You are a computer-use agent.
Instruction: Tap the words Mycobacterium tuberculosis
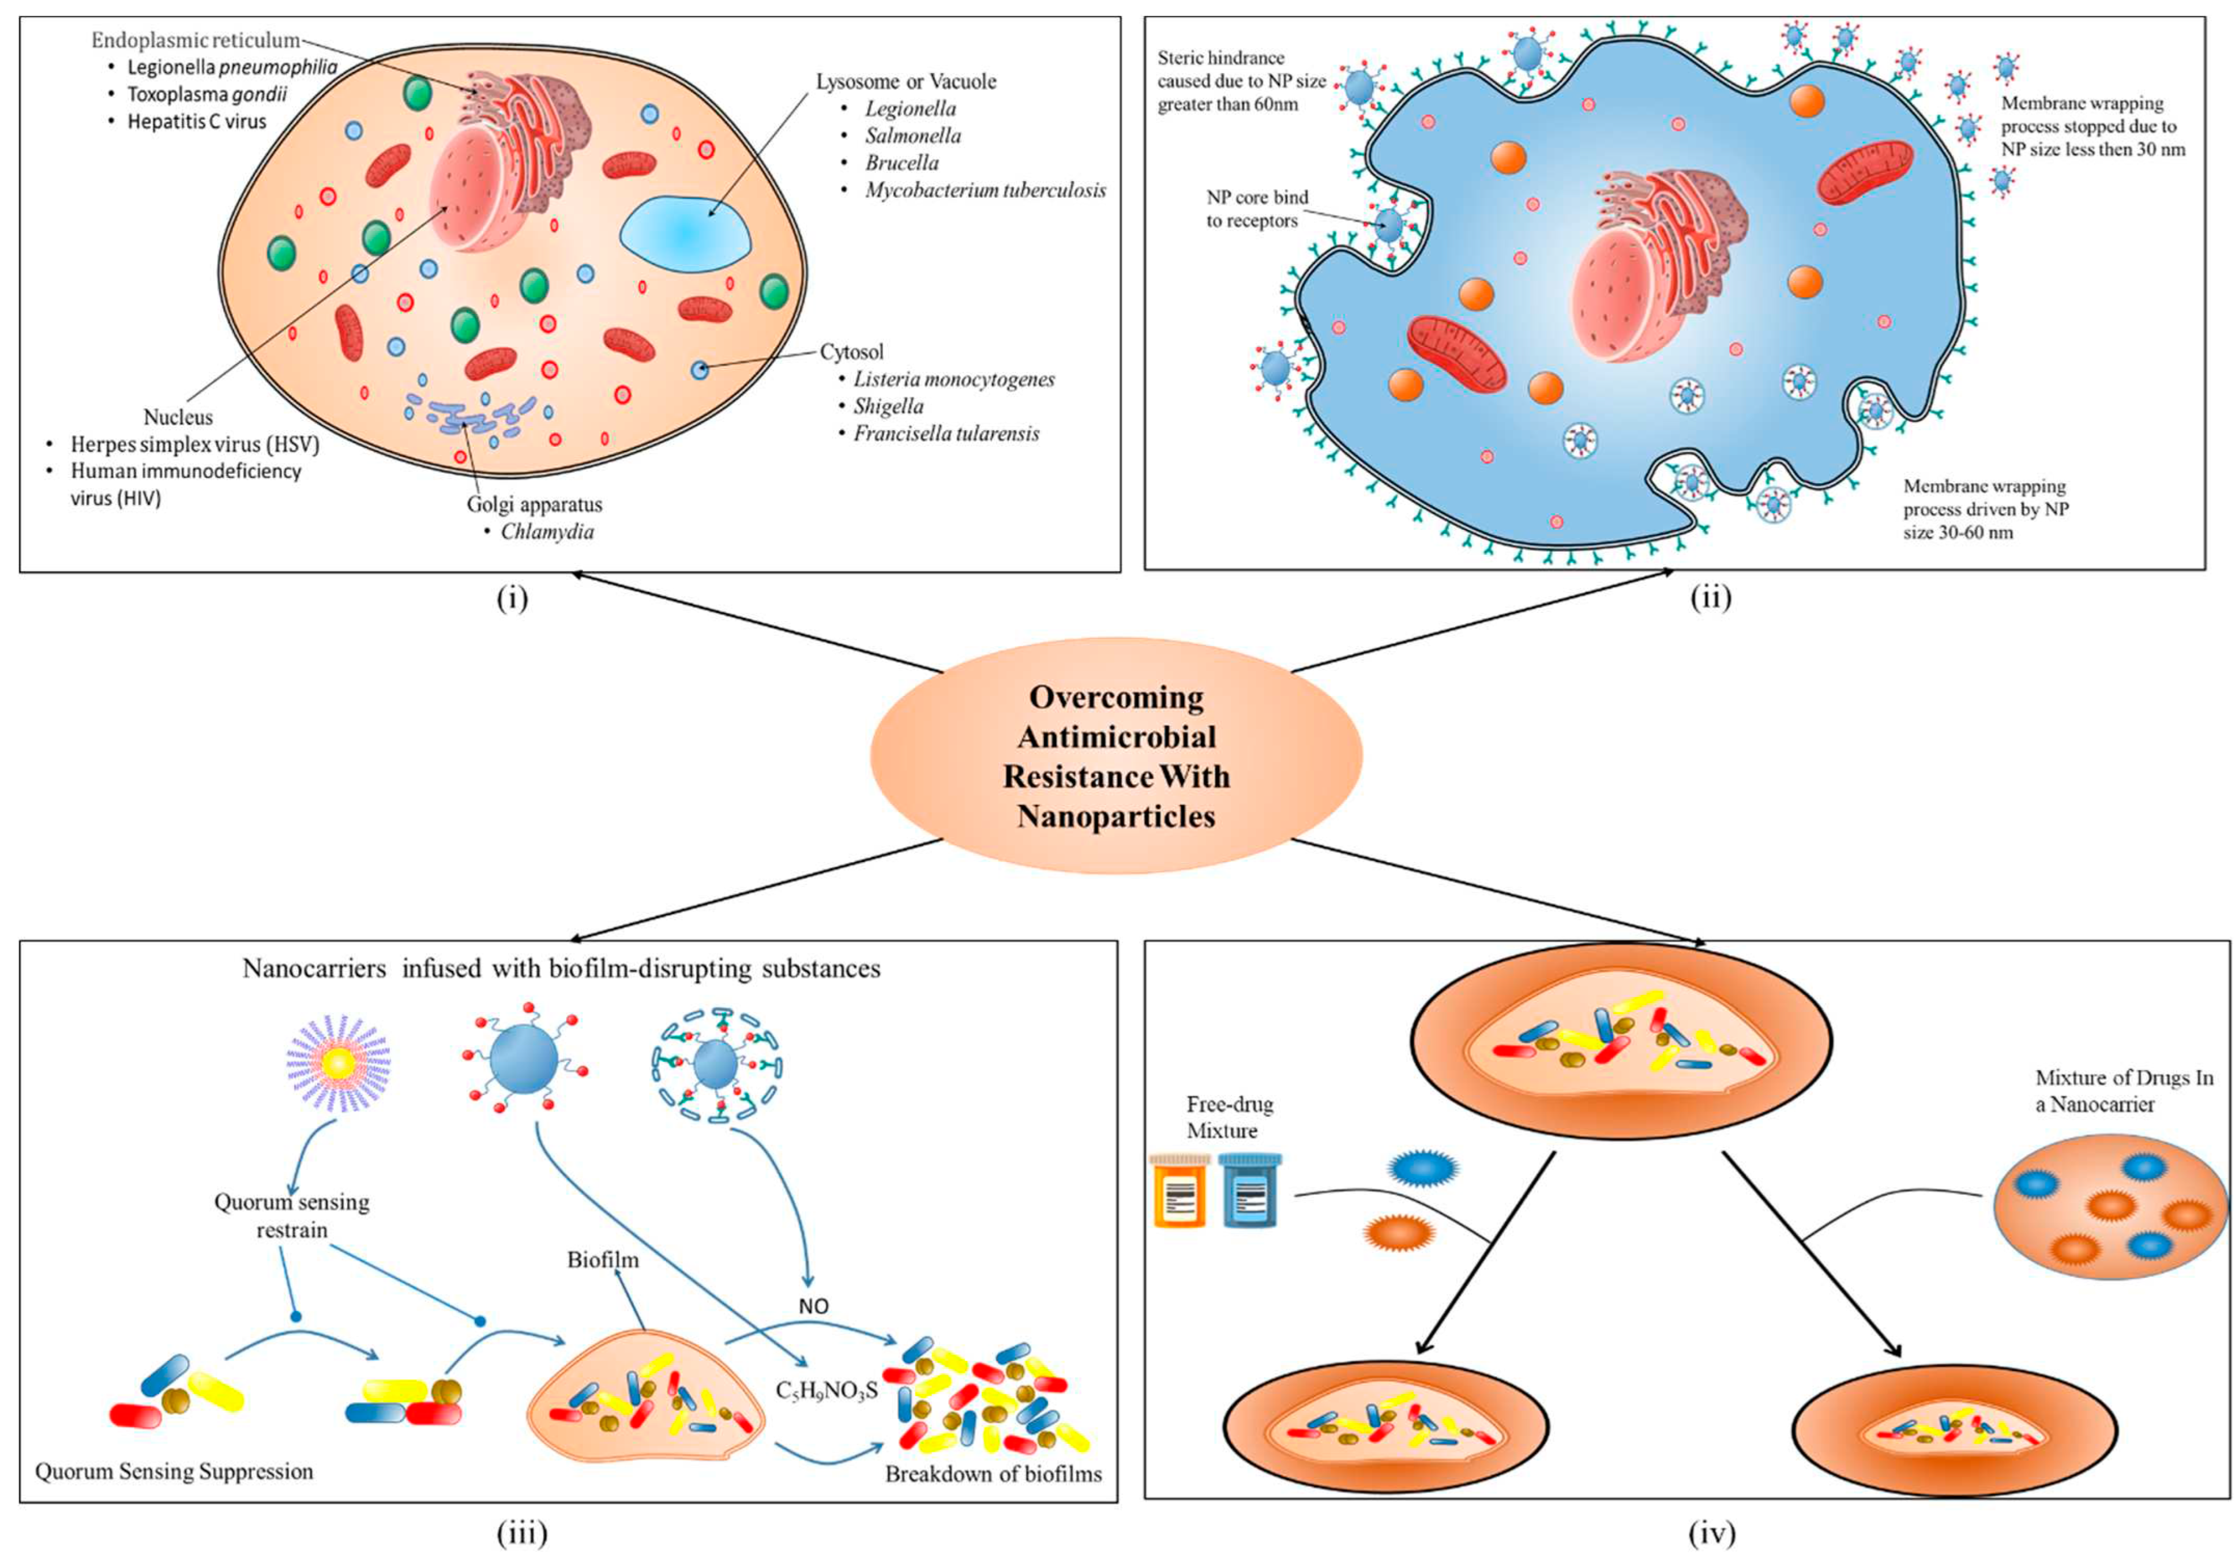[985, 190]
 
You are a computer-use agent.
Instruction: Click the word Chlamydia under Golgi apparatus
[547, 532]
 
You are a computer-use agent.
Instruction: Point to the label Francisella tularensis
[946, 434]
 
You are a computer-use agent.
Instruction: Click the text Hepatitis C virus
[197, 122]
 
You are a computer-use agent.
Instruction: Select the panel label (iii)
[523, 1534]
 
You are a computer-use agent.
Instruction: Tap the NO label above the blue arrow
[813, 1306]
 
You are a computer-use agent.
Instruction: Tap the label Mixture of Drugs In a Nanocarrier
[2124, 1091]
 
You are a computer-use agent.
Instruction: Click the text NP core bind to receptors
[1257, 209]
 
